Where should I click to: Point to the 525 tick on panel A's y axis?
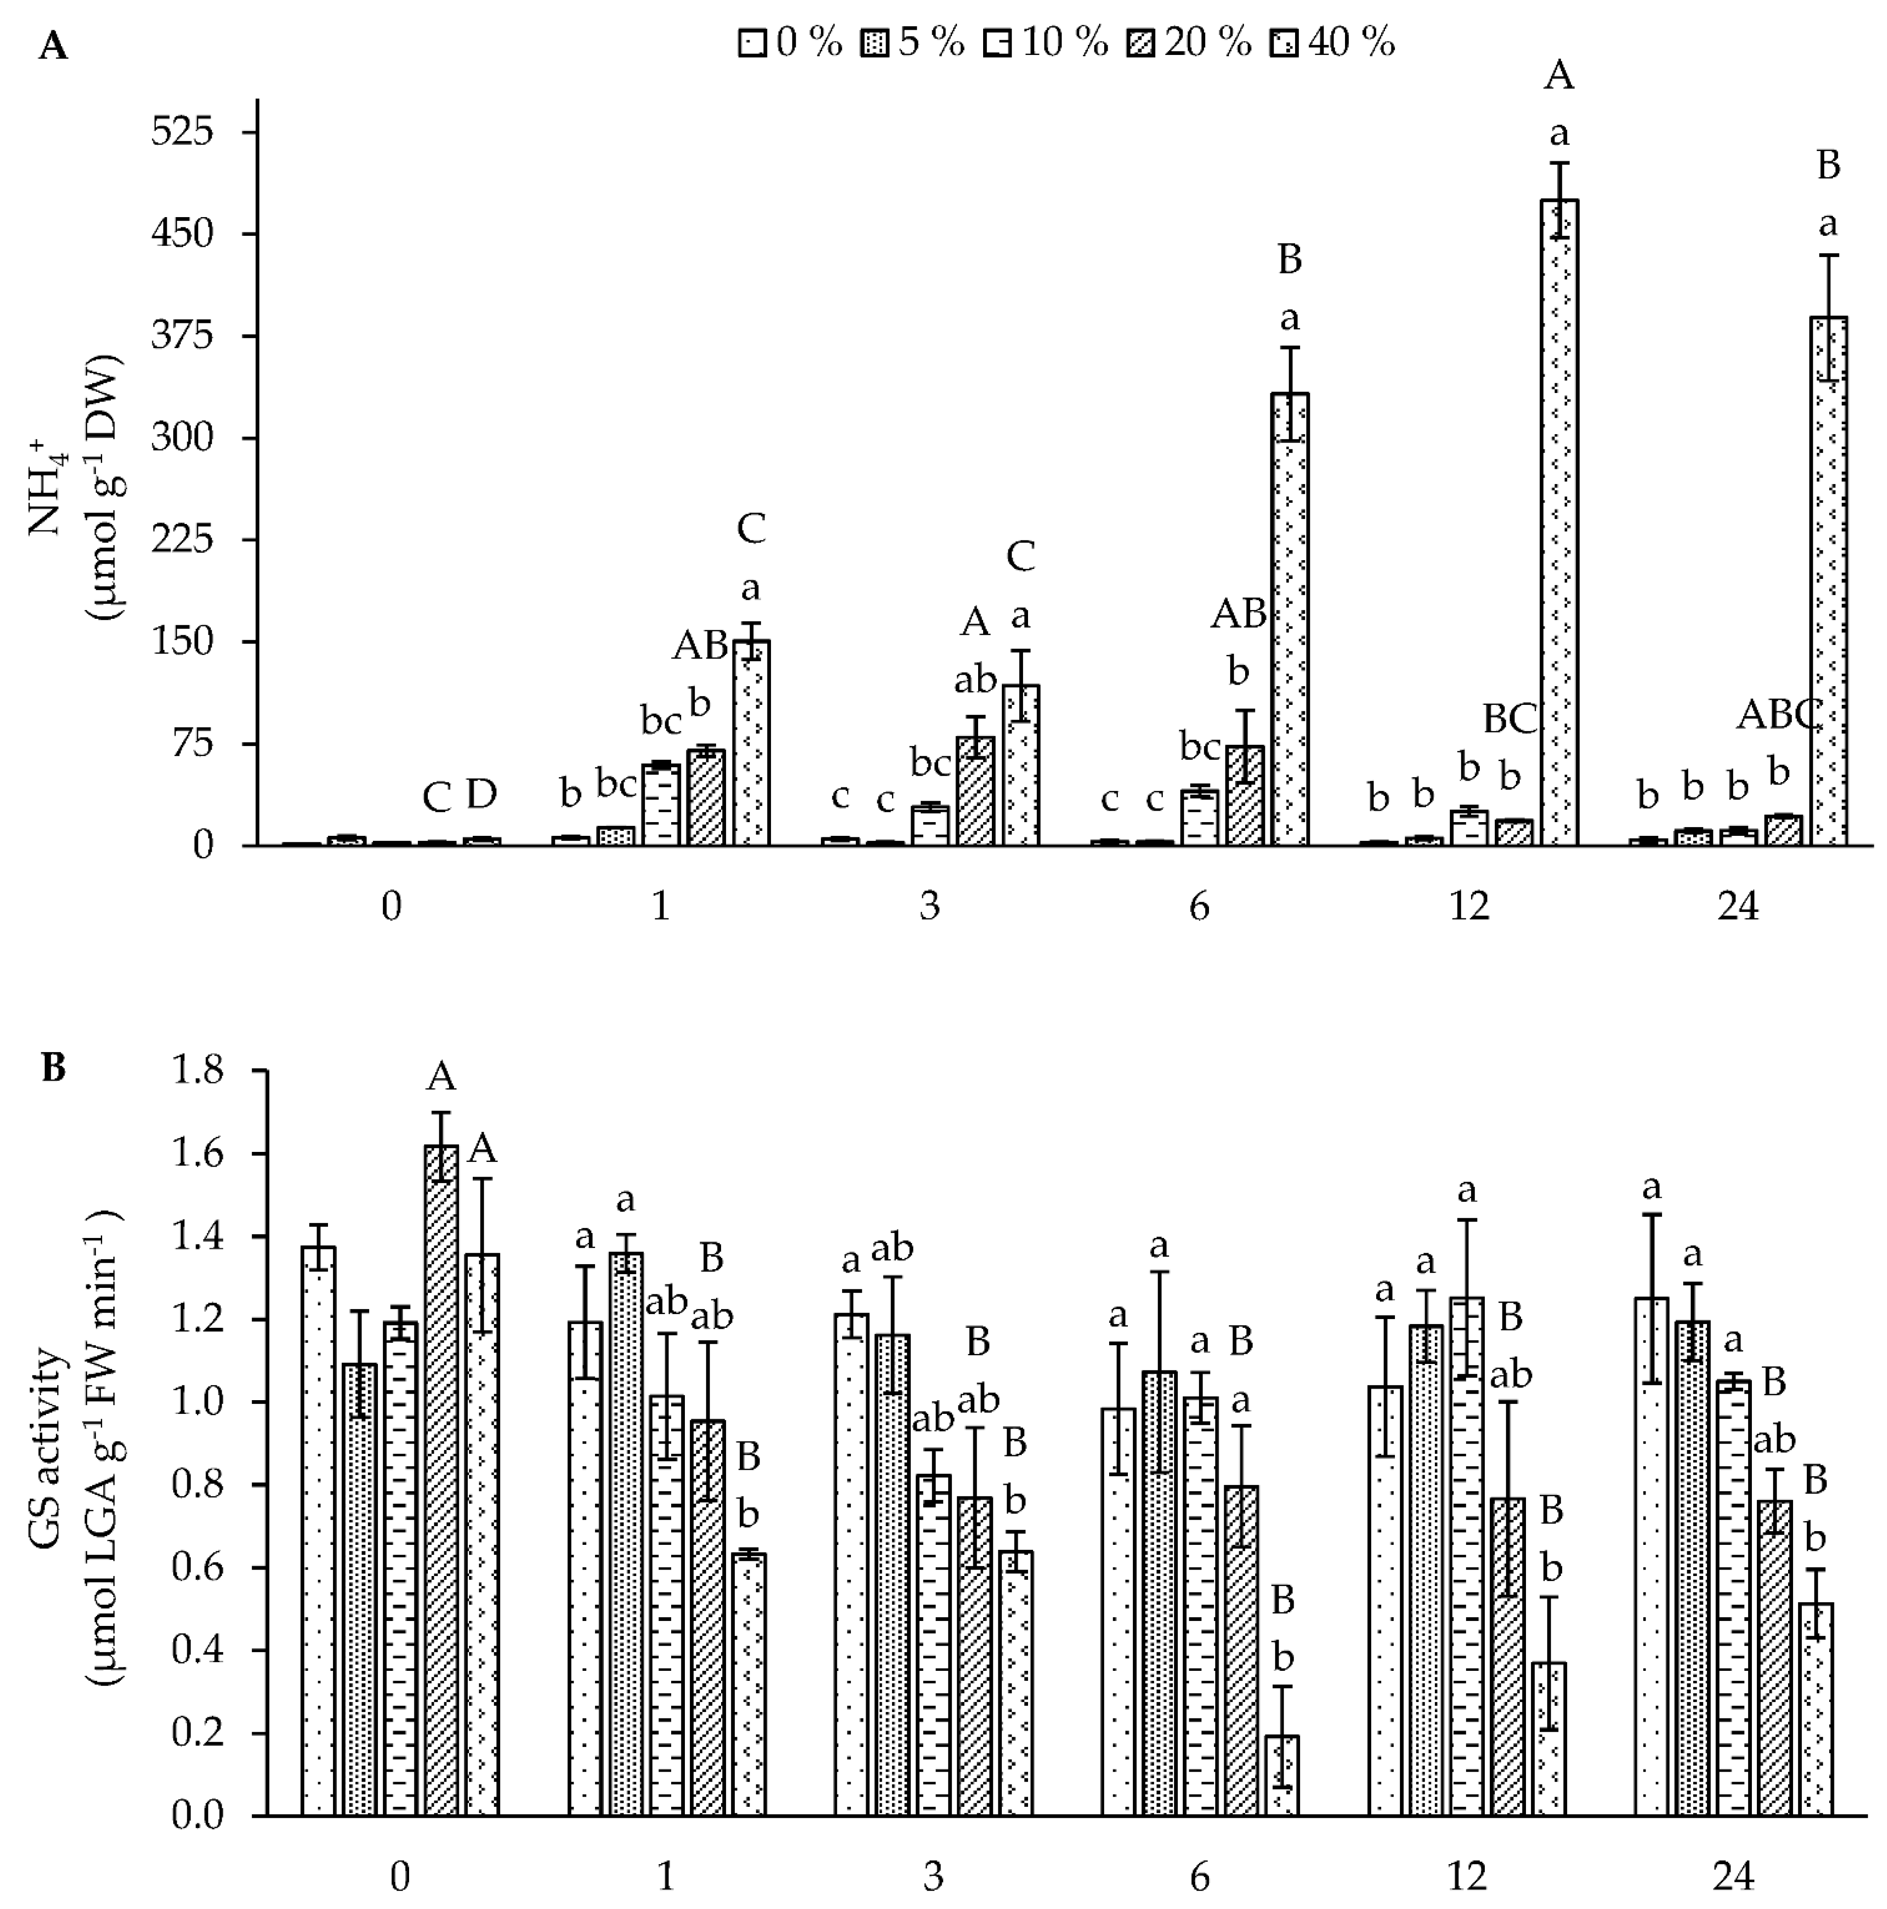point(183,131)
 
